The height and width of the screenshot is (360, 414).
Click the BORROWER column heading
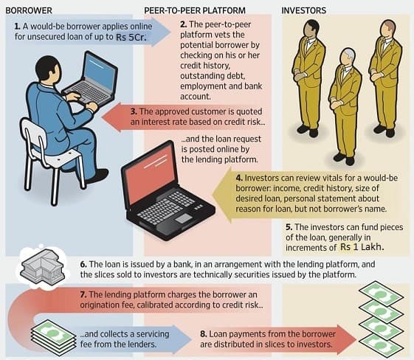[x=29, y=10]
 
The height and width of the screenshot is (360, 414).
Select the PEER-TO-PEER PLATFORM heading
[x=195, y=10]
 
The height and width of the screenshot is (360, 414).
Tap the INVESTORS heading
[x=303, y=10]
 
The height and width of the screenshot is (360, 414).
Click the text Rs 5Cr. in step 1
[x=131, y=37]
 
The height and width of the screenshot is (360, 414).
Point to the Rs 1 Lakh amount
[x=362, y=247]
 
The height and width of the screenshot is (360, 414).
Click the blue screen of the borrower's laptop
[x=99, y=72]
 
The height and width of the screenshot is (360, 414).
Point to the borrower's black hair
[x=47, y=67]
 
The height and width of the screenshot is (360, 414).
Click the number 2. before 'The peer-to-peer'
[x=184, y=24]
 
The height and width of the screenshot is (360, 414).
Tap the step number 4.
[x=239, y=178]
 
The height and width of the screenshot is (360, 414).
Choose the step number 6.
[x=83, y=264]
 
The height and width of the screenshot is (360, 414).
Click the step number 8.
[x=203, y=334]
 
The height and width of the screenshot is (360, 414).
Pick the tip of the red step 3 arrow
[x=102, y=117]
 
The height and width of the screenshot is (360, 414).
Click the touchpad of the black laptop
[x=184, y=218]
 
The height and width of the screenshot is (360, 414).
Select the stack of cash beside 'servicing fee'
[x=53, y=336]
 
